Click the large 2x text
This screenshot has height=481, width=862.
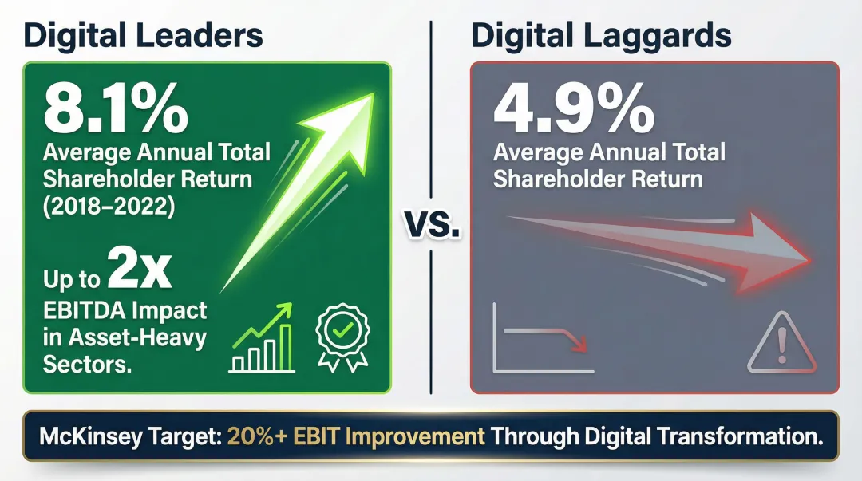[x=140, y=274]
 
